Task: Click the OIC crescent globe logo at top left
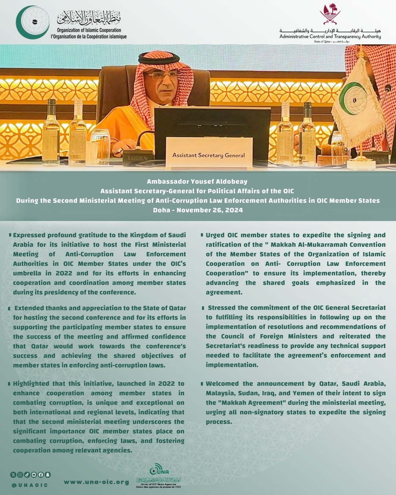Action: tap(33, 22)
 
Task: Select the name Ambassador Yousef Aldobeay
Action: tap(197, 181)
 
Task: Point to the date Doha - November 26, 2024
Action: tap(198, 210)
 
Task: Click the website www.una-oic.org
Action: tap(96, 482)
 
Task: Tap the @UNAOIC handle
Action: tap(30, 485)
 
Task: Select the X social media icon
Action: tap(13, 474)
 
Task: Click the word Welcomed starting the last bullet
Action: tap(222, 384)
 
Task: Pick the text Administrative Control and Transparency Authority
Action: tap(330, 36)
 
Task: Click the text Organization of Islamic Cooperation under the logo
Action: tap(89, 30)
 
